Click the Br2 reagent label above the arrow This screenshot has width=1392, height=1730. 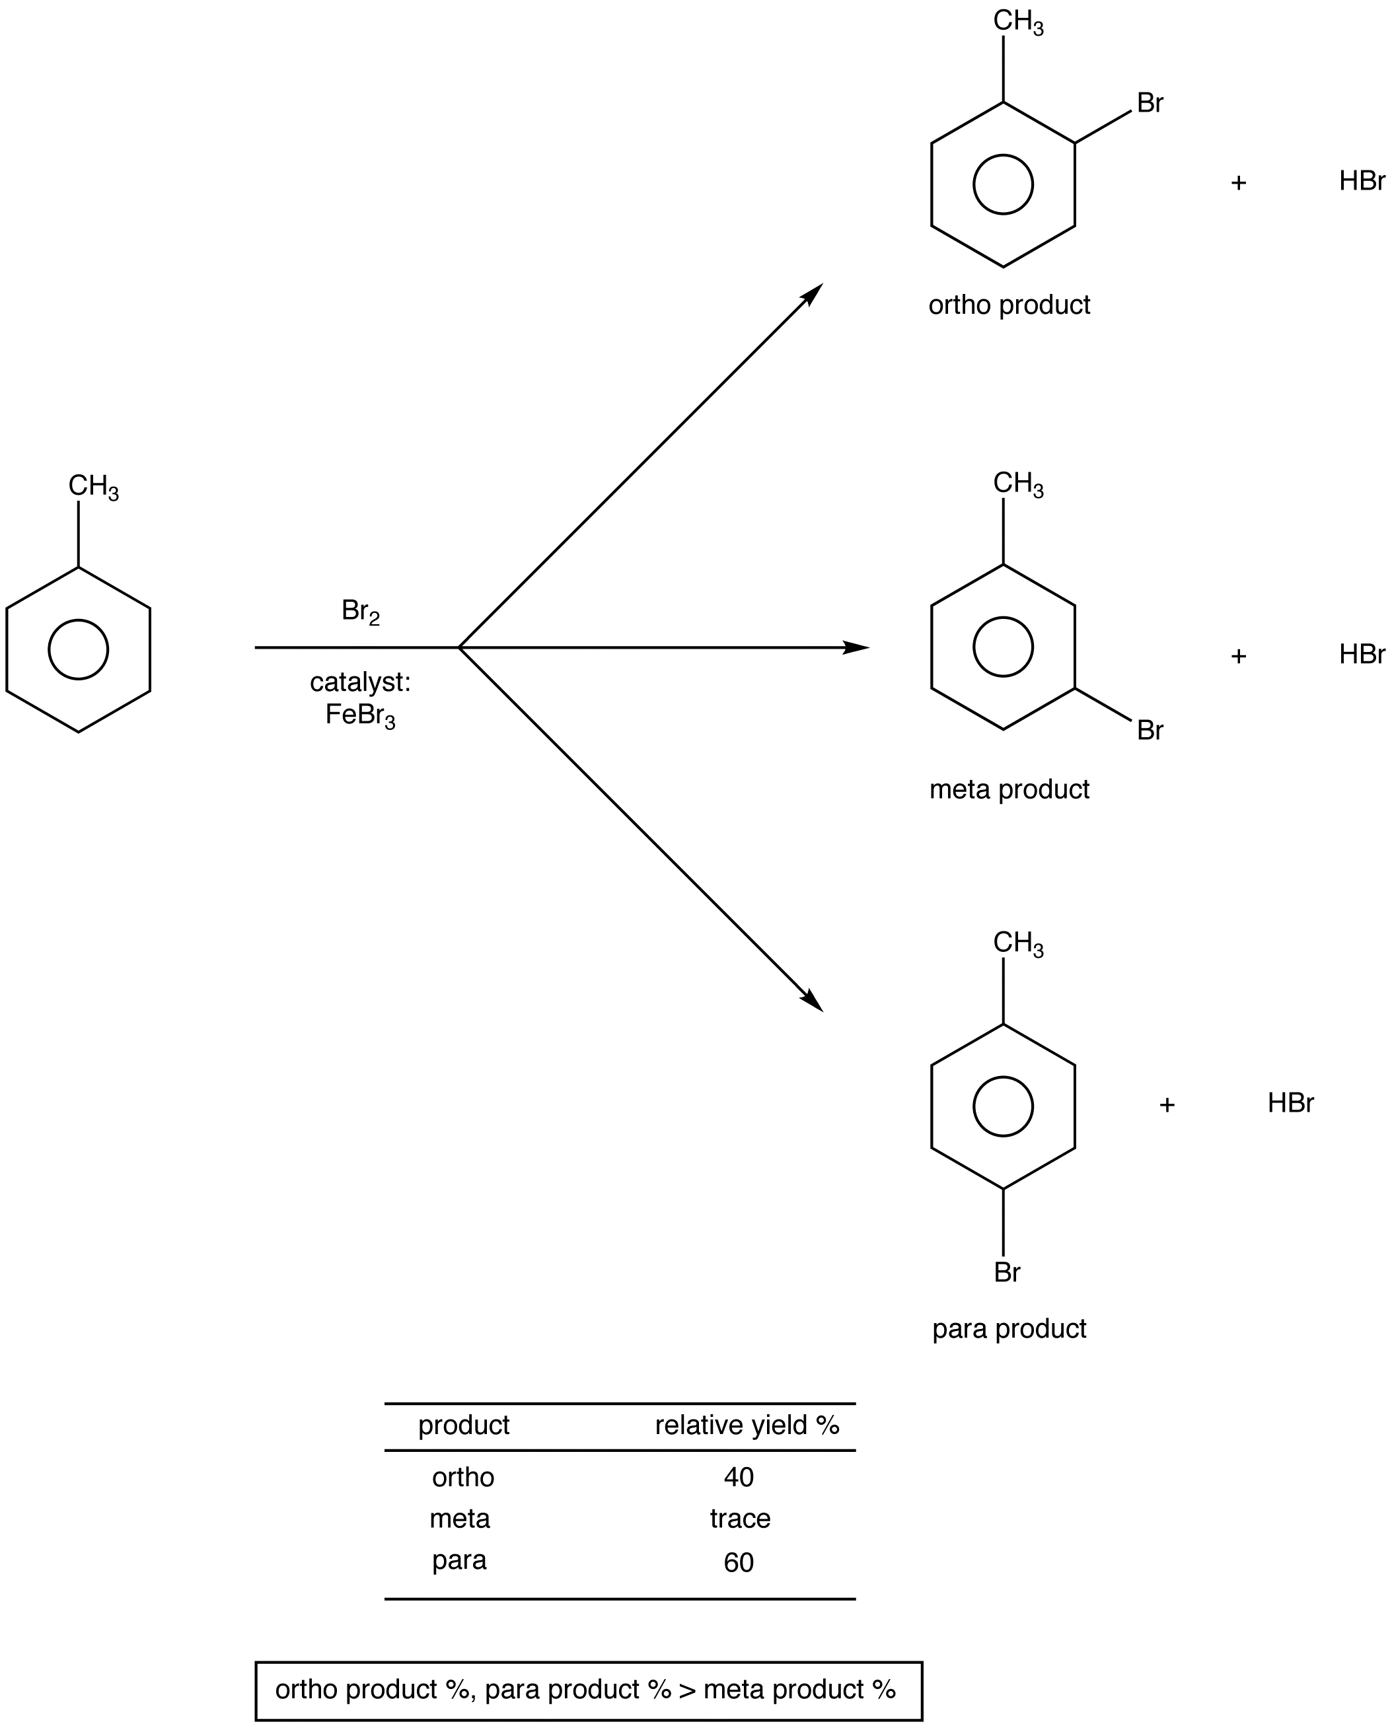(x=360, y=612)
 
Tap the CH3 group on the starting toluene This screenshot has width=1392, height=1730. (x=94, y=487)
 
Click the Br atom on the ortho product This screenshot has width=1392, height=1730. (x=1150, y=104)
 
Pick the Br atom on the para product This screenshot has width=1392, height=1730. (x=1007, y=1273)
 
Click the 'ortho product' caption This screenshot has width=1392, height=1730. (x=1009, y=305)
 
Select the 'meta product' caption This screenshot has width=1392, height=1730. (x=1009, y=789)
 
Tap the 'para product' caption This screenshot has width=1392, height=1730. (x=1009, y=1329)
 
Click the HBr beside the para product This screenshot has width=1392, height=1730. (x=1291, y=1103)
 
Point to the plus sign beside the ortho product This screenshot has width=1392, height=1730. (x=1239, y=183)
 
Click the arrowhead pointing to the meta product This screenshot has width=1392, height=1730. (x=856, y=647)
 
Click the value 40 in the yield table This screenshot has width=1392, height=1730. (x=738, y=1477)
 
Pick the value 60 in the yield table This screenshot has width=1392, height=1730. (x=738, y=1562)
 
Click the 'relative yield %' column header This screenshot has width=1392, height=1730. (x=747, y=1425)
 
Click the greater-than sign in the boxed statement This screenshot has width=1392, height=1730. (x=688, y=1690)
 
